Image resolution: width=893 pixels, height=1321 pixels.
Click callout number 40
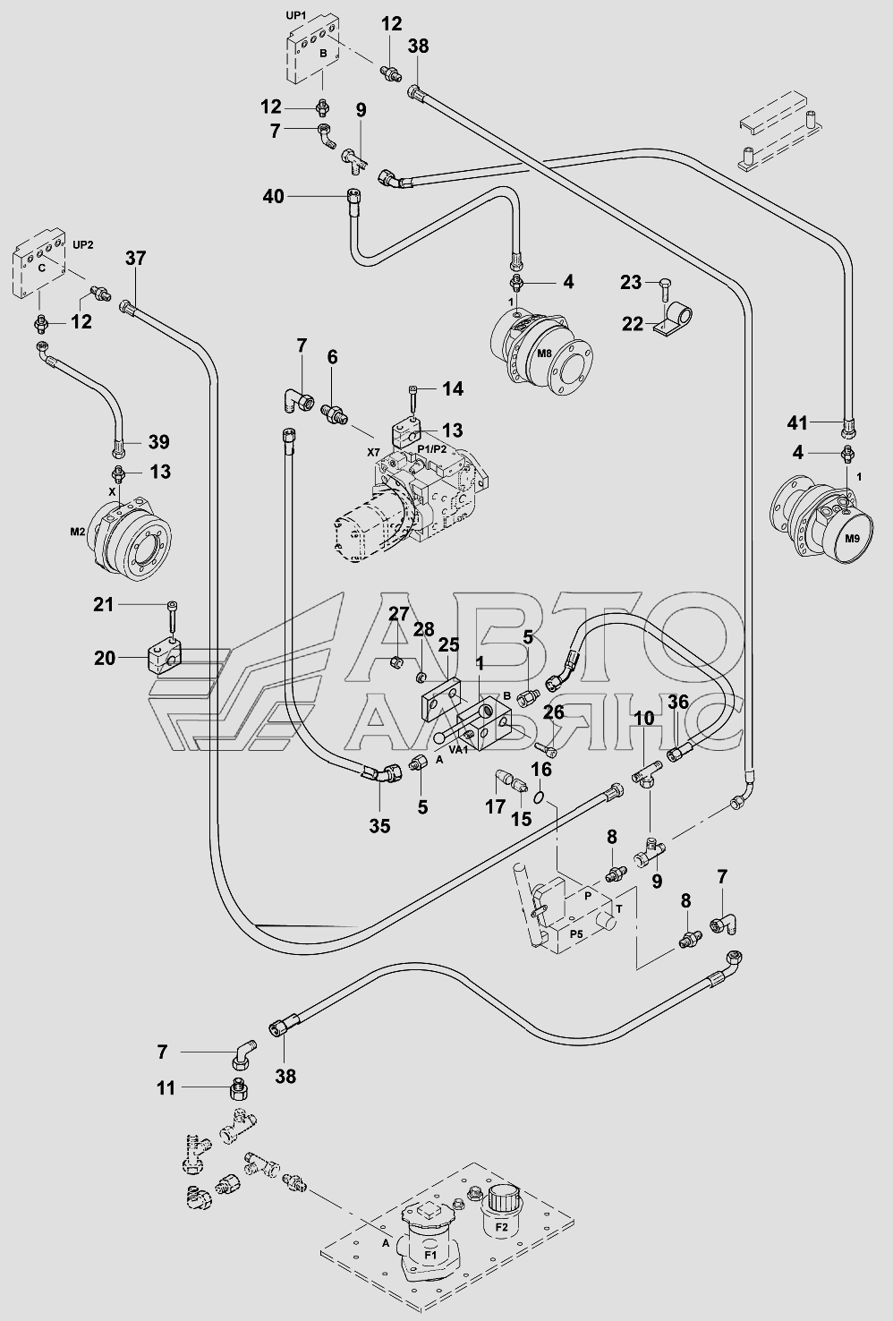click(x=274, y=196)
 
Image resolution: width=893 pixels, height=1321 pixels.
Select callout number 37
click(x=136, y=259)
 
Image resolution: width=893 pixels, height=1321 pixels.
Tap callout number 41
click(x=797, y=422)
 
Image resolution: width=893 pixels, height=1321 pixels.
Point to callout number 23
click(x=631, y=283)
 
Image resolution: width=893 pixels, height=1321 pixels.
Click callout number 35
click(x=380, y=826)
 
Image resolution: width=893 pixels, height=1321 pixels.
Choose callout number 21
click(x=105, y=604)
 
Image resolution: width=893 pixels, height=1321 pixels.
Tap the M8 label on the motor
click(x=544, y=354)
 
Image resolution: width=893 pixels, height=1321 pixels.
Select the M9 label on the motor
click(x=853, y=539)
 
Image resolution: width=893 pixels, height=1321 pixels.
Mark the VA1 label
click(x=458, y=750)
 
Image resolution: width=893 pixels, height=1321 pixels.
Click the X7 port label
click(x=374, y=453)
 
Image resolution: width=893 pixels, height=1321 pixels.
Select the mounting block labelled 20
click(x=163, y=658)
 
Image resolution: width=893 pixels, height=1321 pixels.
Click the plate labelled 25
click(x=440, y=695)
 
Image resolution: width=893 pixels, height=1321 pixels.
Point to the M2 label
click(x=78, y=532)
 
